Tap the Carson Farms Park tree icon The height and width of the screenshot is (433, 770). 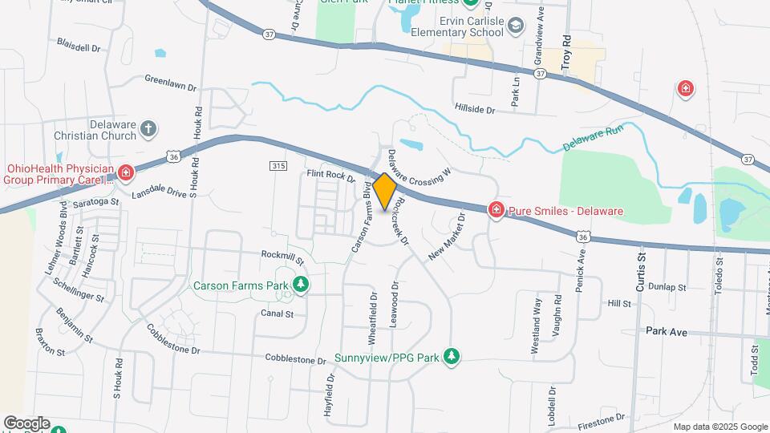pos(301,284)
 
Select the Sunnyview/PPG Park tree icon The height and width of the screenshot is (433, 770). pos(452,356)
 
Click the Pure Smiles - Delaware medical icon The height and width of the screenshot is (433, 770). pos(496,210)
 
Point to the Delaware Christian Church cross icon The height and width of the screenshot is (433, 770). pos(148,127)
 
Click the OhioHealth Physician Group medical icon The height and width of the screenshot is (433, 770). pos(125,172)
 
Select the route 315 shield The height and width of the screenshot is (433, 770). pos(278,165)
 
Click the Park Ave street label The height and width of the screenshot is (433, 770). pos(667,330)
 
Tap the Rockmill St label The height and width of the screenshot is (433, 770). pos(283,256)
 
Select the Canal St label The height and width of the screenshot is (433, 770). pos(278,314)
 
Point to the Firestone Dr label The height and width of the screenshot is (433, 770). pos(600,419)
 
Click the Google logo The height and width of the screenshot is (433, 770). pos(26,423)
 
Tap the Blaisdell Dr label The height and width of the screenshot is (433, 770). pos(78,47)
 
